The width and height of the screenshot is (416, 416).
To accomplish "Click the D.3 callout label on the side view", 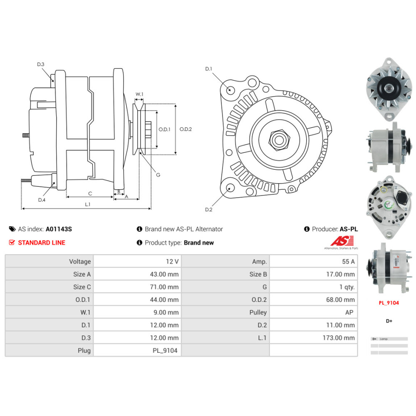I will pos(40,64).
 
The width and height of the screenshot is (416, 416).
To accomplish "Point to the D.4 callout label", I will pos(42,200).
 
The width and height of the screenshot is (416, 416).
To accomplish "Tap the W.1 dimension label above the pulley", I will pos(139,94).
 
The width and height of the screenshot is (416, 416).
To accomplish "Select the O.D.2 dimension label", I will pos(186,129).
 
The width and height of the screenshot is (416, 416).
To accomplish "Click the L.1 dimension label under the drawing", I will pos(88,204).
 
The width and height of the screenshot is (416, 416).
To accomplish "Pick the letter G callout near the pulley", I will pos(158,175).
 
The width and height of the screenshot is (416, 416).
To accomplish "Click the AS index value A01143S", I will pos(59,229).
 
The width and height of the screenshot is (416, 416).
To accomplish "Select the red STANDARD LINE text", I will pos(42,243).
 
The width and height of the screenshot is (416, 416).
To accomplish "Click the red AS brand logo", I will pos(342,241).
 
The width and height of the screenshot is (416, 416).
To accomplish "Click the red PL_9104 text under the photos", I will pos(389,303).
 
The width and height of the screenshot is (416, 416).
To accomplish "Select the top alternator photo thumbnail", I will pos(388,88).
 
